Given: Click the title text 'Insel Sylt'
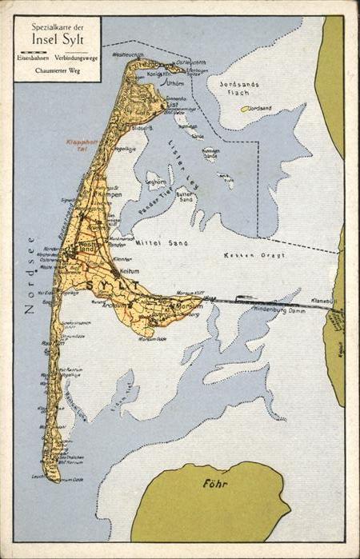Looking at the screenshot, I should (58, 41).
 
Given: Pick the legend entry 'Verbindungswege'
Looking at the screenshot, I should (78, 58).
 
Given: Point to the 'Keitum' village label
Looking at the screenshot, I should (130, 271).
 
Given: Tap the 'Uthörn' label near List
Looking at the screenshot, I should (175, 82).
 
